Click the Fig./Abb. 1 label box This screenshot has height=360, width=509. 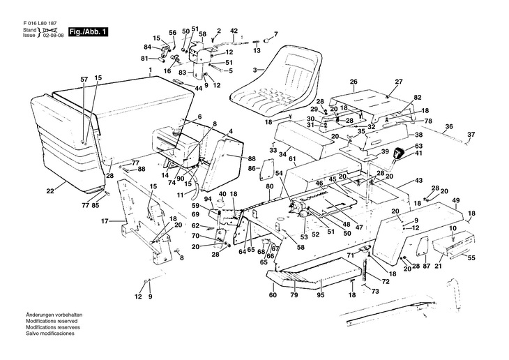coord(89,31)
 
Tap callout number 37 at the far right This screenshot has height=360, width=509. coord(490,134)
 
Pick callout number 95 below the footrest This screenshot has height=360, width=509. coord(320,296)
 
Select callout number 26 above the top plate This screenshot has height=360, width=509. coord(354,82)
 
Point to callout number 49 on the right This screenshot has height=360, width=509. coord(456,201)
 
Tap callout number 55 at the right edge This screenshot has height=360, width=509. coord(471,258)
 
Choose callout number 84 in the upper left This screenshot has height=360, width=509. coord(147,47)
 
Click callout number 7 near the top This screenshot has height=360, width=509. coord(275,33)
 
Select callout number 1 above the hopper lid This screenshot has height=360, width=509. coord(149,72)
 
